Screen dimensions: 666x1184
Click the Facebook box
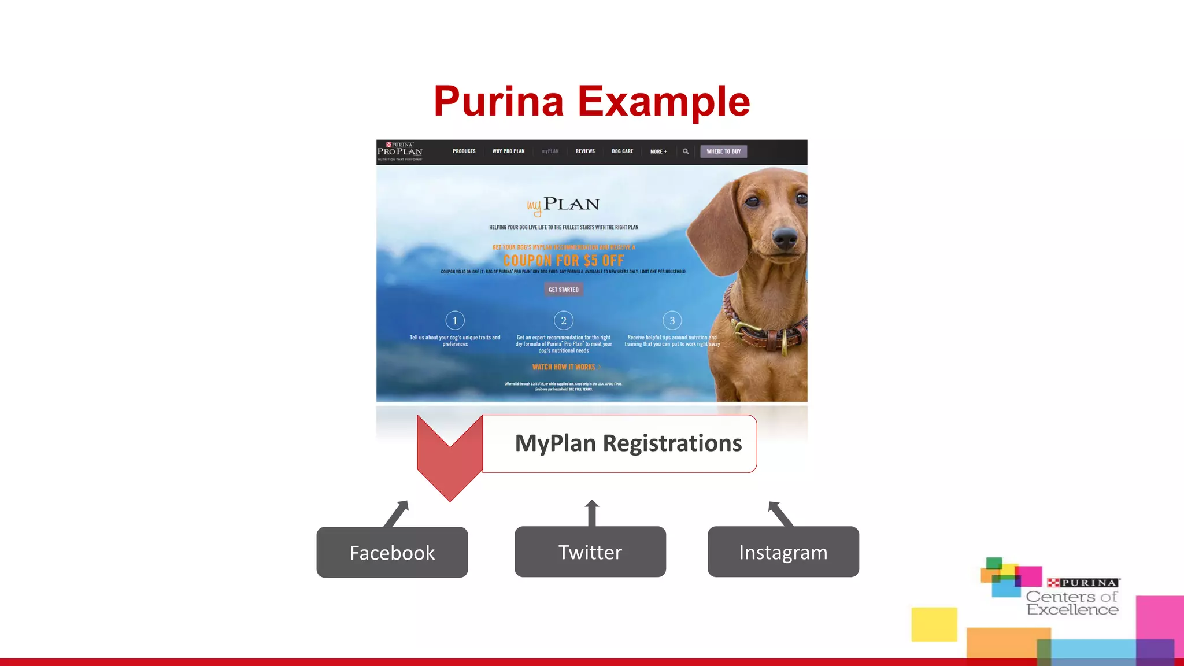(x=392, y=552)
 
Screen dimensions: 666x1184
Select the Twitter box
(x=590, y=552)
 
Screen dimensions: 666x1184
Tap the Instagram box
(x=783, y=552)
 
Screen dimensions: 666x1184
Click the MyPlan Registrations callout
(x=619, y=443)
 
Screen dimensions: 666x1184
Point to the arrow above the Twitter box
(x=591, y=513)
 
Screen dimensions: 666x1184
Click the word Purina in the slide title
(x=498, y=101)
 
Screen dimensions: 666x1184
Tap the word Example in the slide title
(x=664, y=101)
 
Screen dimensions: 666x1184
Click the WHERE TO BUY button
(x=723, y=151)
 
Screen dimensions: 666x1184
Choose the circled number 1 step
(x=455, y=320)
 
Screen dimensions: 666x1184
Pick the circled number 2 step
(x=564, y=320)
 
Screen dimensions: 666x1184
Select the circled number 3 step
(x=672, y=320)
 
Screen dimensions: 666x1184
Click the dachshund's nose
(x=785, y=236)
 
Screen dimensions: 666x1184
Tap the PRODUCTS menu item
(x=464, y=151)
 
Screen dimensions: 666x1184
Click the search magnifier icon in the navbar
(x=686, y=151)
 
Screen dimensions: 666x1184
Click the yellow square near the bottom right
(x=934, y=624)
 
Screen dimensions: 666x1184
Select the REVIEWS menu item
(x=585, y=151)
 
